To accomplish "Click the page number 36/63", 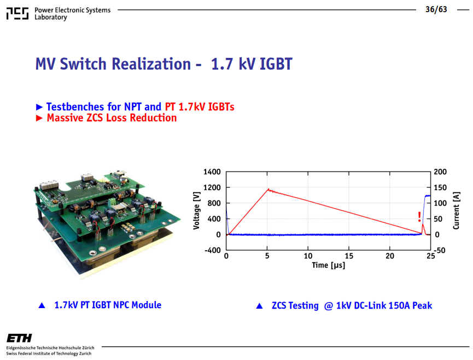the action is point(436,9).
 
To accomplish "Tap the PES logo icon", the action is point(17,14).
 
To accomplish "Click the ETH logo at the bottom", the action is point(19,338).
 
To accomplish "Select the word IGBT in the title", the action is point(276,64).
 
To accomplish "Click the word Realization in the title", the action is point(151,64).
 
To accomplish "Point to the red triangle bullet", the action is point(39,118).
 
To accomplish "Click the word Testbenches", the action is point(75,107).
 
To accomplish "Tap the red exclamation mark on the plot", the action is point(419,217).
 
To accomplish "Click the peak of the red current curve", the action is point(268,189).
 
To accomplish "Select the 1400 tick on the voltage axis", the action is point(212,172).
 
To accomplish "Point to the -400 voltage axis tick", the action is point(213,250).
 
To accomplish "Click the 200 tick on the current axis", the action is point(440,172).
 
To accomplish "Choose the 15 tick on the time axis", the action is point(349,256).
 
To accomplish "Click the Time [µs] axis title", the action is point(329,265).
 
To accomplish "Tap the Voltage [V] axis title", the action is point(196,210).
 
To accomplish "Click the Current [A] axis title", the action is point(456,210).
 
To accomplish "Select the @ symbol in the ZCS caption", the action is point(329,306).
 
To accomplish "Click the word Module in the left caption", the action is point(147,305).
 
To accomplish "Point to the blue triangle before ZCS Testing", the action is point(259,306).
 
